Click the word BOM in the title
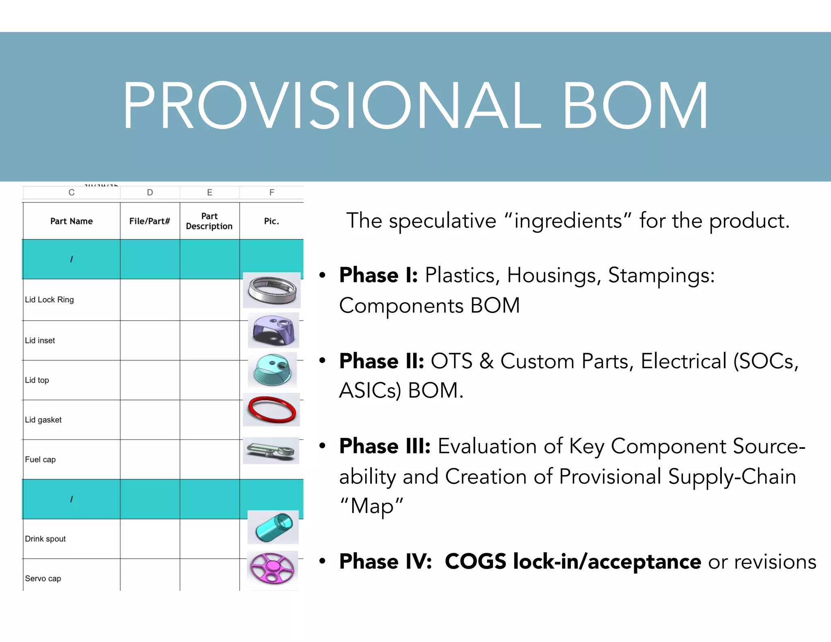[635, 106]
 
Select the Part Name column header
[71, 221]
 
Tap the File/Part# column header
[150, 221]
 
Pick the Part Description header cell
[209, 221]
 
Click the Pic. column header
[271, 221]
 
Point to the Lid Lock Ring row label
[50, 300]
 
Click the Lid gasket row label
[43, 420]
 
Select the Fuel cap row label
[40, 459]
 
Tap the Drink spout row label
[45, 539]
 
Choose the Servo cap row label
[43, 579]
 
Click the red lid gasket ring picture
[271, 409]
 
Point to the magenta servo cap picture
[272, 569]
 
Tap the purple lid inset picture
[273, 330]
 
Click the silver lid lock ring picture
[272, 290]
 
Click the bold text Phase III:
[385, 446]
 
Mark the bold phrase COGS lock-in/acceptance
[573, 562]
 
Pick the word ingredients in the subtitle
[568, 221]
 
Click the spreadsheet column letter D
[150, 192]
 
